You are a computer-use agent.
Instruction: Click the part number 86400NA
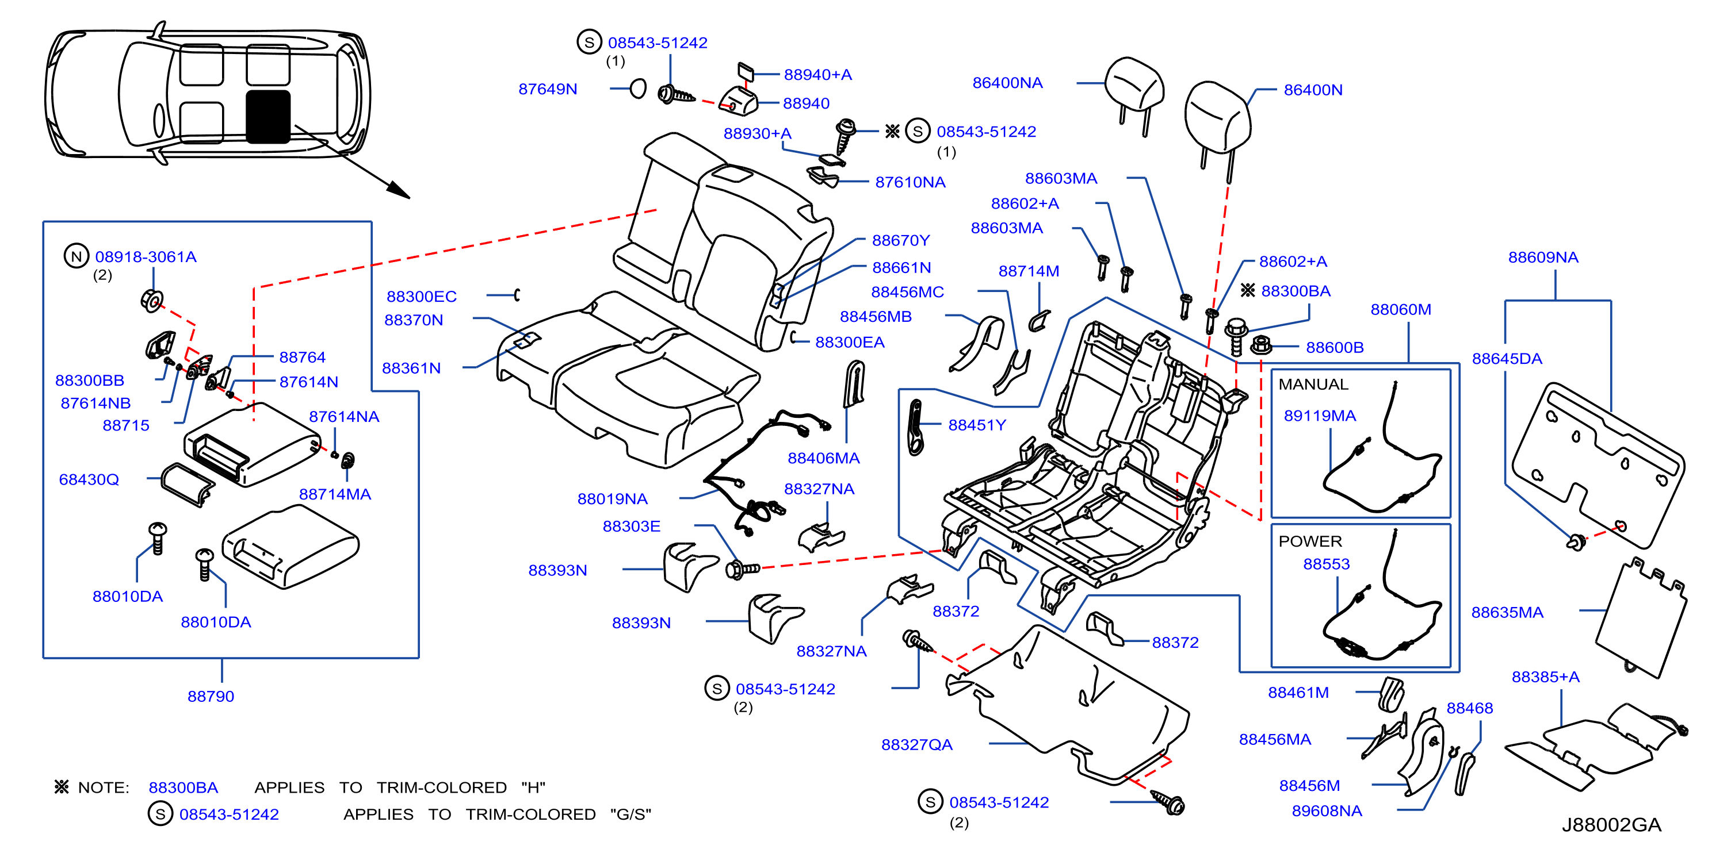click(x=1007, y=83)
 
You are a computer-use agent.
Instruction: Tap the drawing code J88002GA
click(x=1611, y=824)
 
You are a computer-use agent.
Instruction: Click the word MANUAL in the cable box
click(x=1313, y=384)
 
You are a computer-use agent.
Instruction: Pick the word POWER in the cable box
click(x=1310, y=541)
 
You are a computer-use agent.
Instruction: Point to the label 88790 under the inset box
click(x=211, y=697)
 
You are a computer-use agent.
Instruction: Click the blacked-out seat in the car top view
click(x=268, y=117)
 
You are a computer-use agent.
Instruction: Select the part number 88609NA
click(x=1543, y=258)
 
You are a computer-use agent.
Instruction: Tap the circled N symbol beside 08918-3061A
click(x=76, y=256)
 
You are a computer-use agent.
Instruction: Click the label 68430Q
click(x=89, y=479)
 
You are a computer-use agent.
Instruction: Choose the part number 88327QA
click(x=916, y=744)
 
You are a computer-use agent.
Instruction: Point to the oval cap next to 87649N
click(x=638, y=88)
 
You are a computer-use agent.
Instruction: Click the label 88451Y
click(x=976, y=425)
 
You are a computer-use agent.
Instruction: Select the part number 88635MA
click(x=1507, y=613)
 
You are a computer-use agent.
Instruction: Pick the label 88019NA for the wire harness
click(x=612, y=499)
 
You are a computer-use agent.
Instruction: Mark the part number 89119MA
click(x=1319, y=416)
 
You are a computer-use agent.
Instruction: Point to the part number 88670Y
click(x=900, y=240)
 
